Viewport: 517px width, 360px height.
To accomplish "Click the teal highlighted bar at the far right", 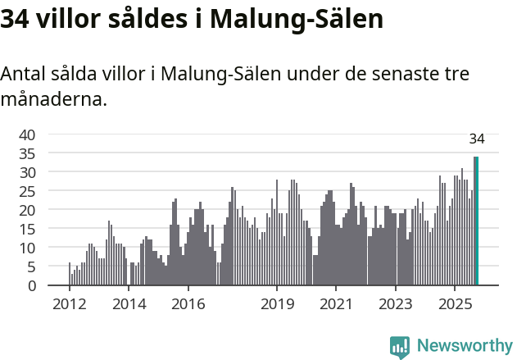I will pyautogui.click(x=476, y=221).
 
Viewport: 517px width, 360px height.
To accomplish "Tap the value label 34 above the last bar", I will pyautogui.click(x=477, y=139).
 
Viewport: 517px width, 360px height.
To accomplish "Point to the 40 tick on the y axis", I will pyautogui.click(x=28, y=134).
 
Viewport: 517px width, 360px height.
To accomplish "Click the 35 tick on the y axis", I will pyautogui.click(x=28, y=153).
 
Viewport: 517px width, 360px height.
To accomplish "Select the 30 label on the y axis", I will pyautogui.click(x=28, y=172).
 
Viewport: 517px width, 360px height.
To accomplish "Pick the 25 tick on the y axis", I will pyautogui.click(x=28, y=191).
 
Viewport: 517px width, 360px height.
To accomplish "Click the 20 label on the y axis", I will pyautogui.click(x=28, y=210).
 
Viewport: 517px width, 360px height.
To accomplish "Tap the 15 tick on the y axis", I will pyautogui.click(x=28, y=229).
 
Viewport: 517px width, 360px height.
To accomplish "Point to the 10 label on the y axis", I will pyautogui.click(x=28, y=248).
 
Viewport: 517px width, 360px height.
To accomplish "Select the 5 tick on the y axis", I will pyautogui.click(x=32, y=267).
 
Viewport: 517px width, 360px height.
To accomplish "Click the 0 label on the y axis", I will pyautogui.click(x=32, y=285).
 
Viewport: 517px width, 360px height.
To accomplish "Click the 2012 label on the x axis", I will pyautogui.click(x=70, y=305).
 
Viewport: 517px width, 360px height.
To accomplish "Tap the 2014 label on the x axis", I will pyautogui.click(x=129, y=305).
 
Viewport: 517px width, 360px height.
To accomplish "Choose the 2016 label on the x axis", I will pyautogui.click(x=188, y=305).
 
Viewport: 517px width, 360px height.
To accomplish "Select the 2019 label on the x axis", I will pyautogui.click(x=277, y=305).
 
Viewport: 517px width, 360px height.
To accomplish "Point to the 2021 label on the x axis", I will pyautogui.click(x=337, y=305).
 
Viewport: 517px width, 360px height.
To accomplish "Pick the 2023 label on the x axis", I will pyautogui.click(x=396, y=305).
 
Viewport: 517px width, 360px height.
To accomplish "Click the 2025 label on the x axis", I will pyautogui.click(x=456, y=305).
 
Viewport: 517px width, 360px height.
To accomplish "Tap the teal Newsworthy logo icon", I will pyautogui.click(x=400, y=347).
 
